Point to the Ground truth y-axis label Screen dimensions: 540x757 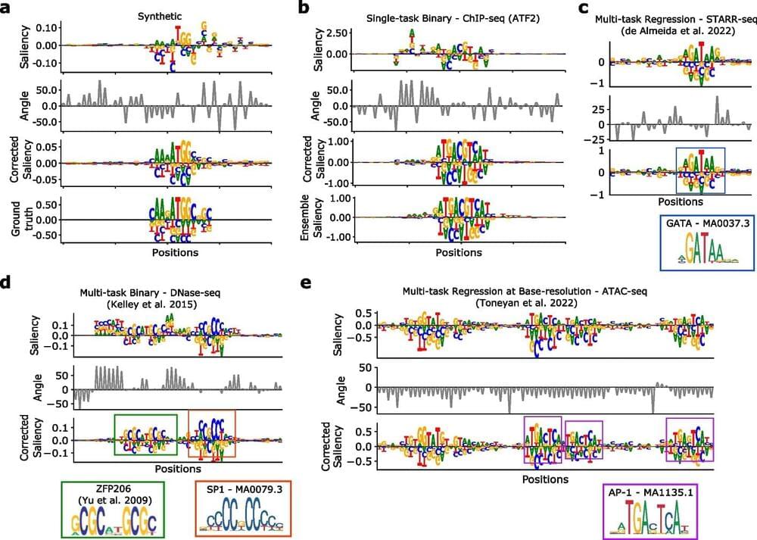[x=14, y=220]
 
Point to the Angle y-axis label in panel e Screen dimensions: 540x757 [x=327, y=388]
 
